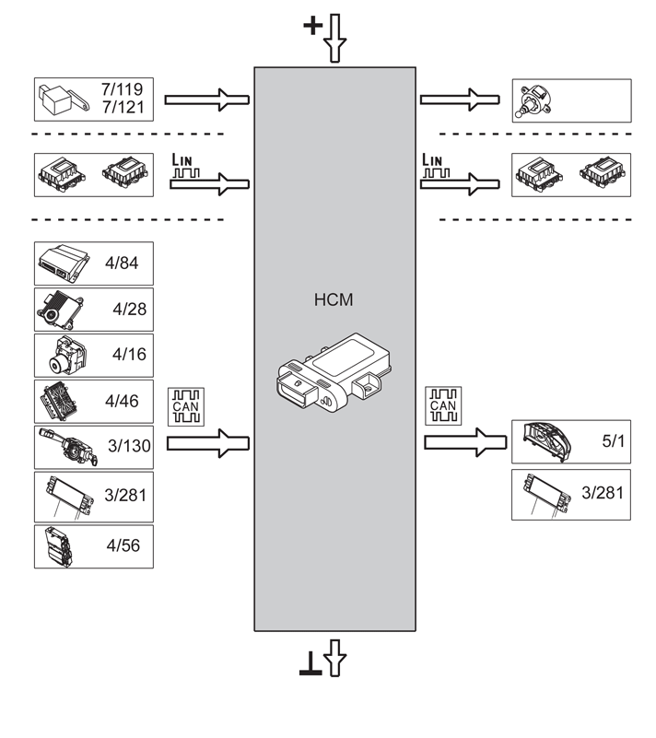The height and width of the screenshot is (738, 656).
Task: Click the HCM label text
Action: coord(334,299)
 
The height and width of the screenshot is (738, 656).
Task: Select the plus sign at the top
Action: coord(312,26)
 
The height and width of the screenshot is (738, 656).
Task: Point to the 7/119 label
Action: coord(121,90)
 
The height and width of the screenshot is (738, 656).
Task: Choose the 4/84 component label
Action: coord(122,264)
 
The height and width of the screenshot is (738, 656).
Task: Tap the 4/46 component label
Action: coord(122,401)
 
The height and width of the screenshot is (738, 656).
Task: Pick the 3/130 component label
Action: coord(127,447)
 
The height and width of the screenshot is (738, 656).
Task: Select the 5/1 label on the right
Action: coord(613,441)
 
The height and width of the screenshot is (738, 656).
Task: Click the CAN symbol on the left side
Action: coord(184,405)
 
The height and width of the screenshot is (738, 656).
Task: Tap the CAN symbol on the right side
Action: coord(442,405)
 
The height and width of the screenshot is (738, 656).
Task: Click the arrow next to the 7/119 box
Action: coord(207,100)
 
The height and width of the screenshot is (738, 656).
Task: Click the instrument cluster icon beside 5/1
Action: coord(551,442)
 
